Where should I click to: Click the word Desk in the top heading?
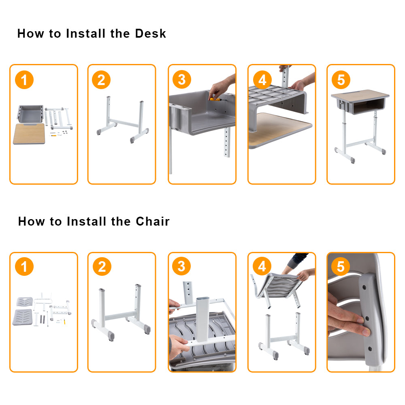pos(150,33)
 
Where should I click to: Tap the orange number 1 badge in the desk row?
pos(24,80)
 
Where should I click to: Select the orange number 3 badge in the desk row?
pos(181,80)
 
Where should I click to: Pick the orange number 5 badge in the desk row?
pos(341,80)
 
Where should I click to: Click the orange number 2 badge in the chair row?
pos(102,267)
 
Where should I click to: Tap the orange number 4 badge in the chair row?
pos(262,267)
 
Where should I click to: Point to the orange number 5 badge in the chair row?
pos(341,267)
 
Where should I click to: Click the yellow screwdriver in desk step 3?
pos(215,98)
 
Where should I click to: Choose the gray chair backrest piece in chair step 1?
pos(26,302)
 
